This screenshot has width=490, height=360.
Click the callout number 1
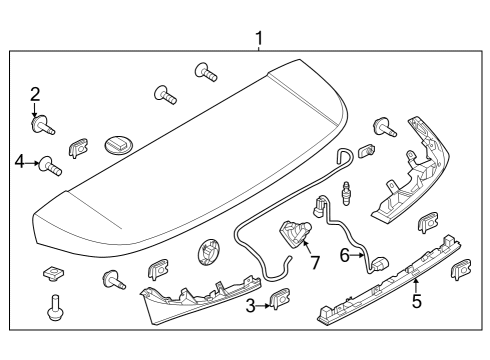point(259,39)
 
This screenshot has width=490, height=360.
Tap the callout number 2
point(35,95)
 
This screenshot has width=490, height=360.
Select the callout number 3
point(251,305)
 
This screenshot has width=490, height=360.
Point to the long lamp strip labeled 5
point(390,286)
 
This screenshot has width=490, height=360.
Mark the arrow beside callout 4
point(33,161)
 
